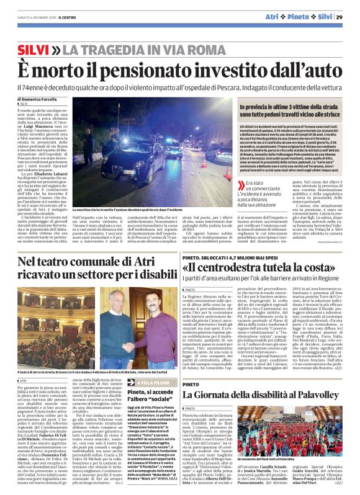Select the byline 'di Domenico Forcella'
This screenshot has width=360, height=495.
(x=37, y=99)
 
